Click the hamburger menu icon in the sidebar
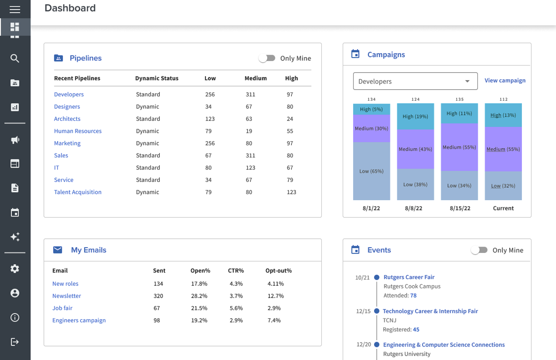click(15, 9)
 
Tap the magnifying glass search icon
click(15, 59)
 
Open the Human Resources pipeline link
click(78, 131)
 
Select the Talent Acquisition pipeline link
click(78, 192)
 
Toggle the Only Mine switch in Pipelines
click(267, 58)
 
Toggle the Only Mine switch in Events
click(479, 250)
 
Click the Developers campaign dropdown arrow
click(467, 81)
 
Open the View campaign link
click(505, 80)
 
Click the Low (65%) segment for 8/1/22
click(371, 171)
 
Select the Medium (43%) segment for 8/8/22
click(415, 149)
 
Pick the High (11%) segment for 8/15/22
click(459, 113)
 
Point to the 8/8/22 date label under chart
click(413, 208)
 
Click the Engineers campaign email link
click(79, 320)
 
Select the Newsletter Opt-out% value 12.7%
click(275, 296)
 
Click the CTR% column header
click(236, 271)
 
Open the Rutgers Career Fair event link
click(409, 277)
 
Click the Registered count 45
click(416, 329)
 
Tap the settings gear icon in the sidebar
click(15, 269)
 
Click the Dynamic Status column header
click(157, 78)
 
